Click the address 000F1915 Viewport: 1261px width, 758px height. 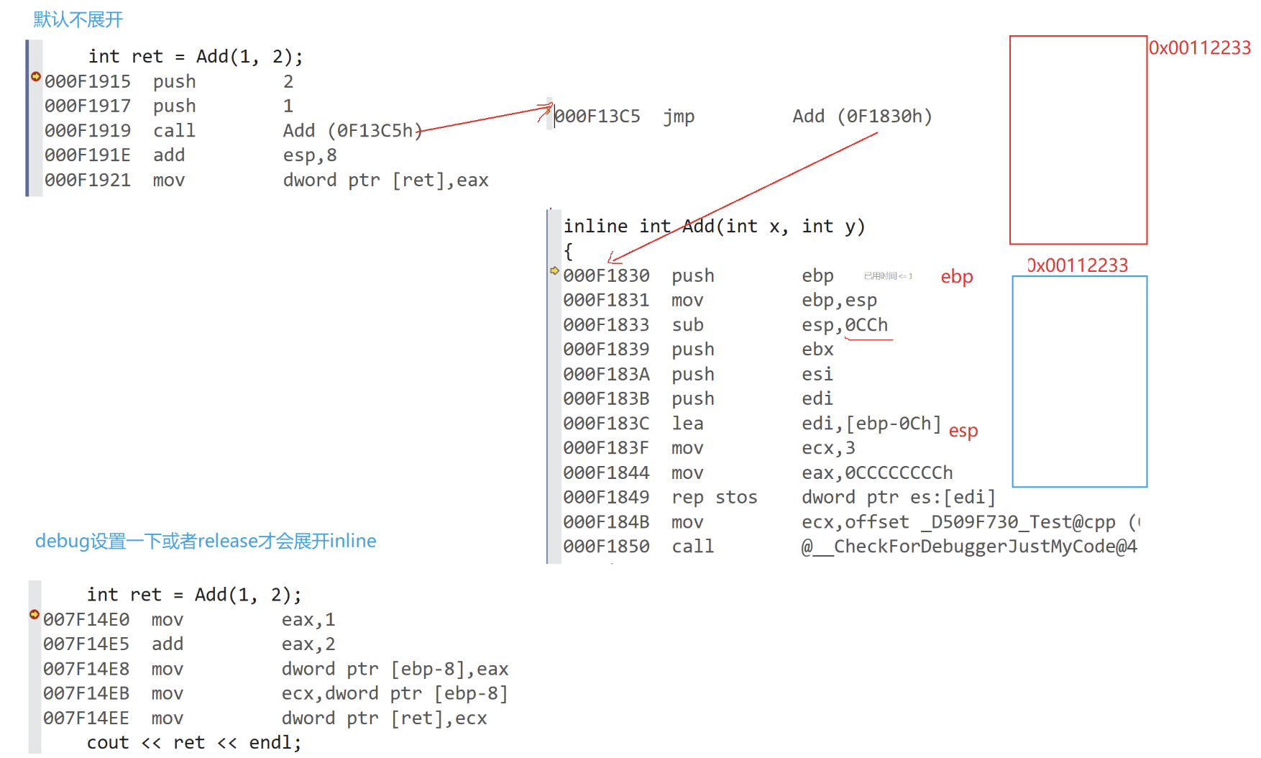(88, 82)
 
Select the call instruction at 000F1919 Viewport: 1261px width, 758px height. (174, 131)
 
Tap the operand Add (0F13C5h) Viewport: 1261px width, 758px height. (352, 131)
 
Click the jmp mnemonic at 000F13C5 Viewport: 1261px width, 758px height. (679, 117)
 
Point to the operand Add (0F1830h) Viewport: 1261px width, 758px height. (862, 117)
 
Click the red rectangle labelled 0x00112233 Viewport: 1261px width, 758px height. (1078, 140)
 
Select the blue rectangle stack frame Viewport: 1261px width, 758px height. (1079, 381)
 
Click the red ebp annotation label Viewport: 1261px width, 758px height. (957, 277)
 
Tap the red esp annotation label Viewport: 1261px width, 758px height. (963, 431)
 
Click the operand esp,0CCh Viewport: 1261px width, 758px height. (845, 325)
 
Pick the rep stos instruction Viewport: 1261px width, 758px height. (714, 498)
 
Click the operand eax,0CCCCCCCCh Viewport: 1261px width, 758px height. (877, 473)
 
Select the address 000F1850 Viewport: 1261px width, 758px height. (606, 547)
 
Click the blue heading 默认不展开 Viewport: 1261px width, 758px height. (78, 19)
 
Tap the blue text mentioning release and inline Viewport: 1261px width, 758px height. (206, 541)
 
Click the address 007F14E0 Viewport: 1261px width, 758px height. (86, 620)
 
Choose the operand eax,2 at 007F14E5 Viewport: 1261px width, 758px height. (308, 644)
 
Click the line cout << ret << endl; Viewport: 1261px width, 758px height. (194, 743)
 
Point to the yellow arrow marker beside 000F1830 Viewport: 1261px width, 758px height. (554, 271)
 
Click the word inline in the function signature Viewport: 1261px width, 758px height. (595, 227)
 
